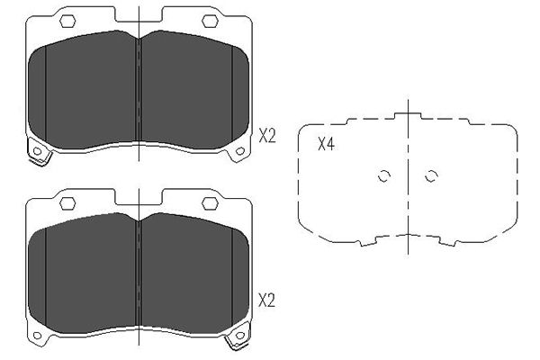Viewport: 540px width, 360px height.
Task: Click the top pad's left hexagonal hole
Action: pyautogui.click(x=67, y=21)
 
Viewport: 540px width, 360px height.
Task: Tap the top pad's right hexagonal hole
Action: pyautogui.click(x=210, y=21)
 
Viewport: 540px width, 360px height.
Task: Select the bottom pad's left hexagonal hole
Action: pyautogui.click(x=67, y=203)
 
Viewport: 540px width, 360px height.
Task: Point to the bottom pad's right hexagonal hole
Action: pyautogui.click(x=210, y=203)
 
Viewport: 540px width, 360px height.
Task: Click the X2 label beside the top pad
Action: pyautogui.click(x=267, y=136)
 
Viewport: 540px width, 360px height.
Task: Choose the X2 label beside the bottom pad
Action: pyautogui.click(x=267, y=301)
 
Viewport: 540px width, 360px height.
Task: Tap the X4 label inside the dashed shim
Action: pyautogui.click(x=326, y=144)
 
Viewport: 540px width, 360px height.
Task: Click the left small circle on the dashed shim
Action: pyautogui.click(x=383, y=176)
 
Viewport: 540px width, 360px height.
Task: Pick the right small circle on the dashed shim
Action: pyautogui.click(x=431, y=176)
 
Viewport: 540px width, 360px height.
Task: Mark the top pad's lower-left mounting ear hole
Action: pyautogui.click(x=37, y=151)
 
